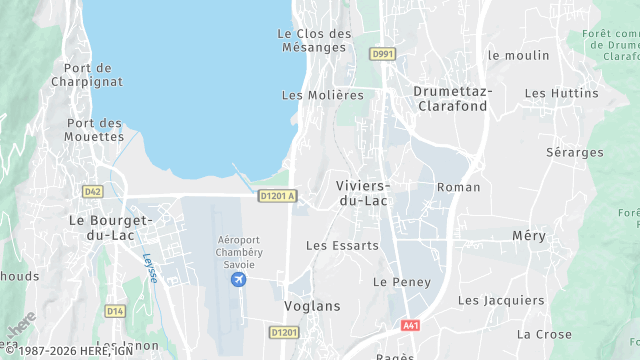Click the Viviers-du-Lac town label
(x=363, y=193)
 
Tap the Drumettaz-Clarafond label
(x=453, y=98)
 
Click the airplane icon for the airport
(x=238, y=278)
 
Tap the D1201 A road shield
(x=277, y=196)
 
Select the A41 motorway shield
(x=411, y=326)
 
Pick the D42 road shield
(x=93, y=190)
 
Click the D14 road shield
(x=115, y=311)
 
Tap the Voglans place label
(x=312, y=306)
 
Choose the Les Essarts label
(x=342, y=245)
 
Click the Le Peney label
(x=401, y=282)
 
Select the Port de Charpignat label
(x=93, y=76)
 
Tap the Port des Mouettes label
(x=94, y=130)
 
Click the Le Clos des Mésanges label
(x=314, y=40)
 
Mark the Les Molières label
(x=322, y=96)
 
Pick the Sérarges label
(x=575, y=153)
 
